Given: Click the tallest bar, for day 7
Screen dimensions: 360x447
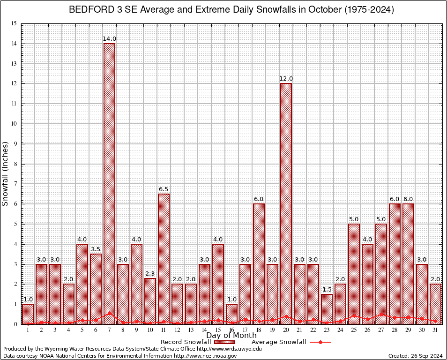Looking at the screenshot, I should pos(109,183).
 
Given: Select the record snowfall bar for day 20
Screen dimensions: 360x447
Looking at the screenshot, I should pos(286,203).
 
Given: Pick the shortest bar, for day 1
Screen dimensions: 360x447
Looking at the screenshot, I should pos(28,314).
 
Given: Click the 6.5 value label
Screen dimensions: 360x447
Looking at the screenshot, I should pos(164,189).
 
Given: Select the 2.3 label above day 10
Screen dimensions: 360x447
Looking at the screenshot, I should pos(150,273).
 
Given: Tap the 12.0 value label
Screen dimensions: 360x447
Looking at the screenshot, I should pos(286,79).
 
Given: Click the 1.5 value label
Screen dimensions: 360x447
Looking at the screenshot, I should pos(327,289).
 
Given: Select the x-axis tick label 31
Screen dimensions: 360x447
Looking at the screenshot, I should pos(435,330).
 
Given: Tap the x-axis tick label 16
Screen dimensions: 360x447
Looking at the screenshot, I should pos(231,330).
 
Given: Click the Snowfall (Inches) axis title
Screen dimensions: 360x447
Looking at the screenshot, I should pos(6,173).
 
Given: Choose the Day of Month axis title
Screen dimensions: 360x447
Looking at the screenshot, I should pos(231,336).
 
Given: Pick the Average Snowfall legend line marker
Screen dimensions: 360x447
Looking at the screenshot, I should pos(320,342).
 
